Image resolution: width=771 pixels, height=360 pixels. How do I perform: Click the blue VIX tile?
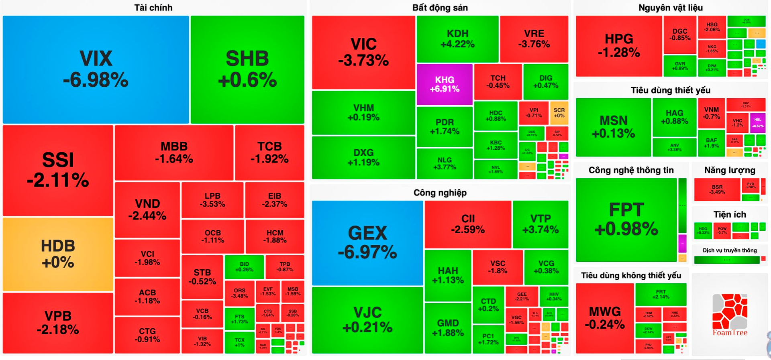click(96, 69)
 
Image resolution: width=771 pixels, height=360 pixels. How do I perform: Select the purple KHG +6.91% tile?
click(445, 84)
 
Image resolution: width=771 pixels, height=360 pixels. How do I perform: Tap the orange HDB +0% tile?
click(58, 254)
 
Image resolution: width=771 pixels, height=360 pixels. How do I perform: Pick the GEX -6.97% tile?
click(367, 242)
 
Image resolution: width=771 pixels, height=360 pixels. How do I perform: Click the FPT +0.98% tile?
click(626, 219)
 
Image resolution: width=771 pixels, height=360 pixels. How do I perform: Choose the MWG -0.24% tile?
click(604, 318)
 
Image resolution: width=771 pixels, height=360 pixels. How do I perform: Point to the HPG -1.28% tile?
click(618, 46)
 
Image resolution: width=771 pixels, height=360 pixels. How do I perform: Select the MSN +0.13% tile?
click(613, 127)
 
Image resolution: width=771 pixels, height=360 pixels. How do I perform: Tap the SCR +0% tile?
click(559, 113)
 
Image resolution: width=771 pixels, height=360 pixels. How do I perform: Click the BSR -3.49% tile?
click(717, 189)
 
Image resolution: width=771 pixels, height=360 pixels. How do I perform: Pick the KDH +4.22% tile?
click(457, 39)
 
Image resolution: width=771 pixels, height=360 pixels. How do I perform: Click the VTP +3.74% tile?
click(540, 224)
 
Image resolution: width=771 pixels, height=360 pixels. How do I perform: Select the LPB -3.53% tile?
click(212, 200)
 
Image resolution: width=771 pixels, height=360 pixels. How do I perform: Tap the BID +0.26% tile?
click(244, 267)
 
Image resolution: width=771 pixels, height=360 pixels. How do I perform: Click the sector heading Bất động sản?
click(440, 8)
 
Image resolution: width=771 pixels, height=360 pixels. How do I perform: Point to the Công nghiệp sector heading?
click(440, 193)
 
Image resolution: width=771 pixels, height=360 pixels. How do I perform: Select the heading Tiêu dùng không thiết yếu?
click(631, 275)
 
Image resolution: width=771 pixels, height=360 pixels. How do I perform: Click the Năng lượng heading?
click(729, 170)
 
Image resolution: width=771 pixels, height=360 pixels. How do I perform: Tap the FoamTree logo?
click(730, 315)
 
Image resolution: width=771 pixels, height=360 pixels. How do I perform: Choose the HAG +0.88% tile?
click(674, 117)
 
